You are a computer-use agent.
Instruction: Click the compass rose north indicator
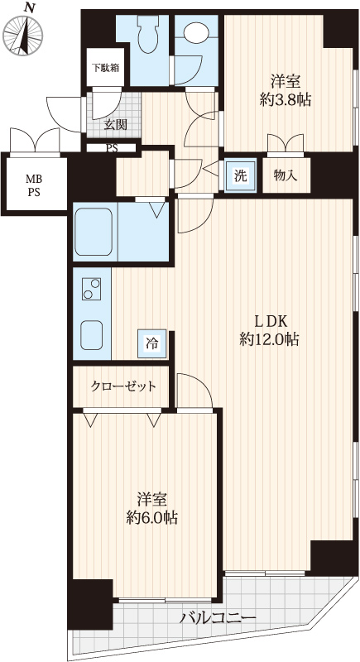coord(23,31)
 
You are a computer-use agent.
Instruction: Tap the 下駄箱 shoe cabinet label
coord(105,67)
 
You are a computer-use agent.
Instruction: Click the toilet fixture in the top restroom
coord(147,35)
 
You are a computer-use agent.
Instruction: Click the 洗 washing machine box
coord(240,175)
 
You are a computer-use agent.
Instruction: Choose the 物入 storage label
coord(286,175)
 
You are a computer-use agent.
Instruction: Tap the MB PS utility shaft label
coord(35,185)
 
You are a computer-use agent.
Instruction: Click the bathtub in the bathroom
coord(94,232)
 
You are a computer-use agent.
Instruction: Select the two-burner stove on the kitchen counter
coord(92,289)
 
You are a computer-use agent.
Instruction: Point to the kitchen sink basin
coord(92,335)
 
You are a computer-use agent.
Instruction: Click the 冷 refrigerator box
coord(151,343)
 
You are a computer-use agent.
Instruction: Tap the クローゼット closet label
coord(123,386)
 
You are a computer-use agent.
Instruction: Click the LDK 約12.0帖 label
coord(269,330)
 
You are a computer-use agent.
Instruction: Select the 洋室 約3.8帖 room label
coord(286,90)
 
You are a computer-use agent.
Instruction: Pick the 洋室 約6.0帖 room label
coord(152,508)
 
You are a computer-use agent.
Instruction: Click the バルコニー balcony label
coord(218,618)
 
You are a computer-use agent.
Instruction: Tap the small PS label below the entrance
coord(112,148)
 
